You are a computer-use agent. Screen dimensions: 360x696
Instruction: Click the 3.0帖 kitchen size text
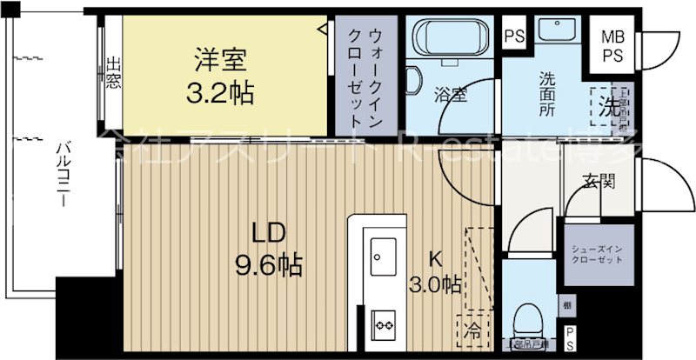(x=435, y=283)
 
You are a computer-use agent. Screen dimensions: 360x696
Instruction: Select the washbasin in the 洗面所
(x=554, y=33)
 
